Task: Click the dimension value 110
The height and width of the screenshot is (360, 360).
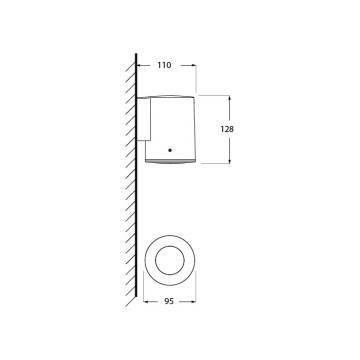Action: [x=164, y=65]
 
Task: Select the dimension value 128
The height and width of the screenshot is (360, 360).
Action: [x=227, y=129]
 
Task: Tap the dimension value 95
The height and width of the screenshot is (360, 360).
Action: [x=169, y=301]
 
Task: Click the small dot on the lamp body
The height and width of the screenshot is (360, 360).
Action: [x=170, y=150]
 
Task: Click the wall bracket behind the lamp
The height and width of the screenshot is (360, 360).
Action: [x=144, y=119]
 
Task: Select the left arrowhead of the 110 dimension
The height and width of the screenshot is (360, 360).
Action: [x=139, y=65]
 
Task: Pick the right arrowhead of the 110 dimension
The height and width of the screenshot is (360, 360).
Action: [x=194, y=65]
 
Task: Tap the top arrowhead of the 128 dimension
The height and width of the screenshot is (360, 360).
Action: [x=229, y=98]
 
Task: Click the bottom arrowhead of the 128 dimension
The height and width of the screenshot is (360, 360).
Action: [x=229, y=161]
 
